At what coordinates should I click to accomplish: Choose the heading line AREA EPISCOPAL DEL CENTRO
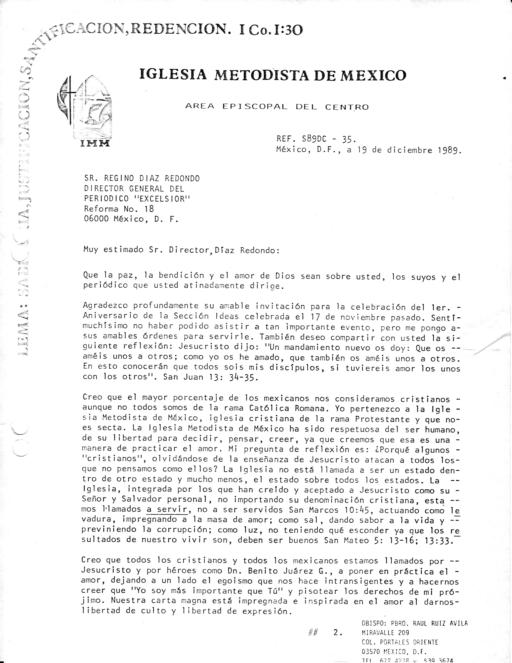tap(277, 107)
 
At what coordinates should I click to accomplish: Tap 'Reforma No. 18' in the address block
tap(119, 209)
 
